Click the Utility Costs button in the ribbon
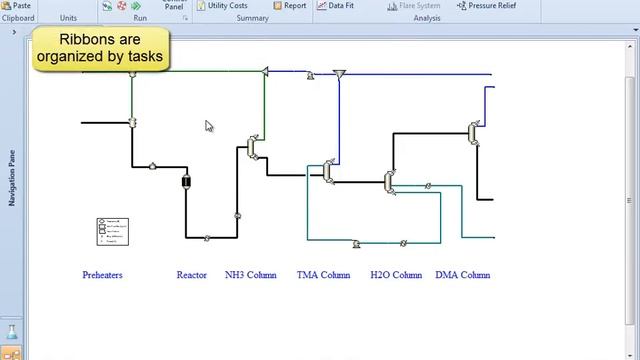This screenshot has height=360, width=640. click(221, 6)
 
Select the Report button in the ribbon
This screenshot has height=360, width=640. click(289, 6)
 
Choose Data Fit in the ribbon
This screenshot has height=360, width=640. click(335, 6)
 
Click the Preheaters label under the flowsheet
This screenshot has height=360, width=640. click(102, 275)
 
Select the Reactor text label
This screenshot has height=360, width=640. click(191, 275)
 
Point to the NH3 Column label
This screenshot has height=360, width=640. click(250, 275)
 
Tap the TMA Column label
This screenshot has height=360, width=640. click(323, 275)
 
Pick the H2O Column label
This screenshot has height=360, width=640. click(396, 275)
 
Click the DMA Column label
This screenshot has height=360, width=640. click(463, 275)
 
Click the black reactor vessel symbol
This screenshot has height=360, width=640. click(186, 181)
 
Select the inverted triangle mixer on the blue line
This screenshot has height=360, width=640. click(339, 74)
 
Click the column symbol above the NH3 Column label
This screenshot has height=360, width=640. click(253, 148)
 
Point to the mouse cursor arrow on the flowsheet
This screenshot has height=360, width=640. click(209, 126)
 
